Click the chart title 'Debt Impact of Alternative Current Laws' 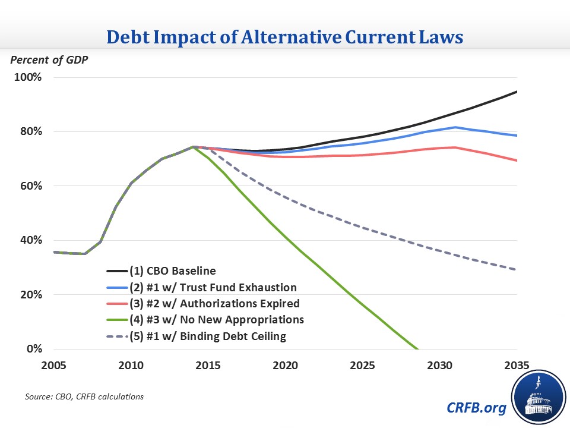pyautogui.click(x=285, y=37)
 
